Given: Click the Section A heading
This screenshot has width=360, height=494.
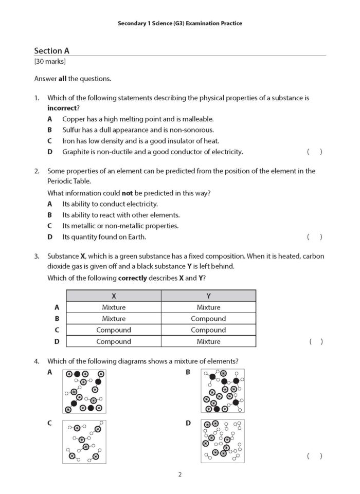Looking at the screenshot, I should point(51,50).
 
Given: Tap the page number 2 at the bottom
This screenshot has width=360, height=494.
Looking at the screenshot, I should point(180,474).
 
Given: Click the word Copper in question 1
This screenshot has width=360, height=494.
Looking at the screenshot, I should point(73,119).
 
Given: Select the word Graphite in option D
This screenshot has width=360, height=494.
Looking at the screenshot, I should point(76,152).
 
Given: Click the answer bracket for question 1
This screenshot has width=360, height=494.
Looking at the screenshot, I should point(314,152).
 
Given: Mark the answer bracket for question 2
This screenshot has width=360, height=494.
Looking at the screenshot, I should point(314,237).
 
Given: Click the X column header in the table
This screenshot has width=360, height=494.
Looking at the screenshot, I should point(114,296).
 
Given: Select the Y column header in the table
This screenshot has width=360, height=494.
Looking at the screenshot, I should point(208,296).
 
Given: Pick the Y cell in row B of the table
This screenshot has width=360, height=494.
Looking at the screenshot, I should point(208,319).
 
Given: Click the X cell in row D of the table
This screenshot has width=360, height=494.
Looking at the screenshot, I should point(114,341).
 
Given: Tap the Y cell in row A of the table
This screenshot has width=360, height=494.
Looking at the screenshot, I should point(208,307).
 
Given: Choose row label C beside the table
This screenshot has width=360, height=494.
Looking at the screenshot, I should point(57,330).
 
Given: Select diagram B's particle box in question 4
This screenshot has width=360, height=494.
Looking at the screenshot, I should point(223,391).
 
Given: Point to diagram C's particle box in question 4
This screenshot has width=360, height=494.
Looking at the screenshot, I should point(84,442).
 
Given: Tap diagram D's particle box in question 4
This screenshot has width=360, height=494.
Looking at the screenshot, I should point(223,441).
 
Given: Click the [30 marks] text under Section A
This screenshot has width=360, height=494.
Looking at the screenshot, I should point(50,62).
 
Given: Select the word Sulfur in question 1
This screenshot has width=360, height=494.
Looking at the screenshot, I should point(72,130).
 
